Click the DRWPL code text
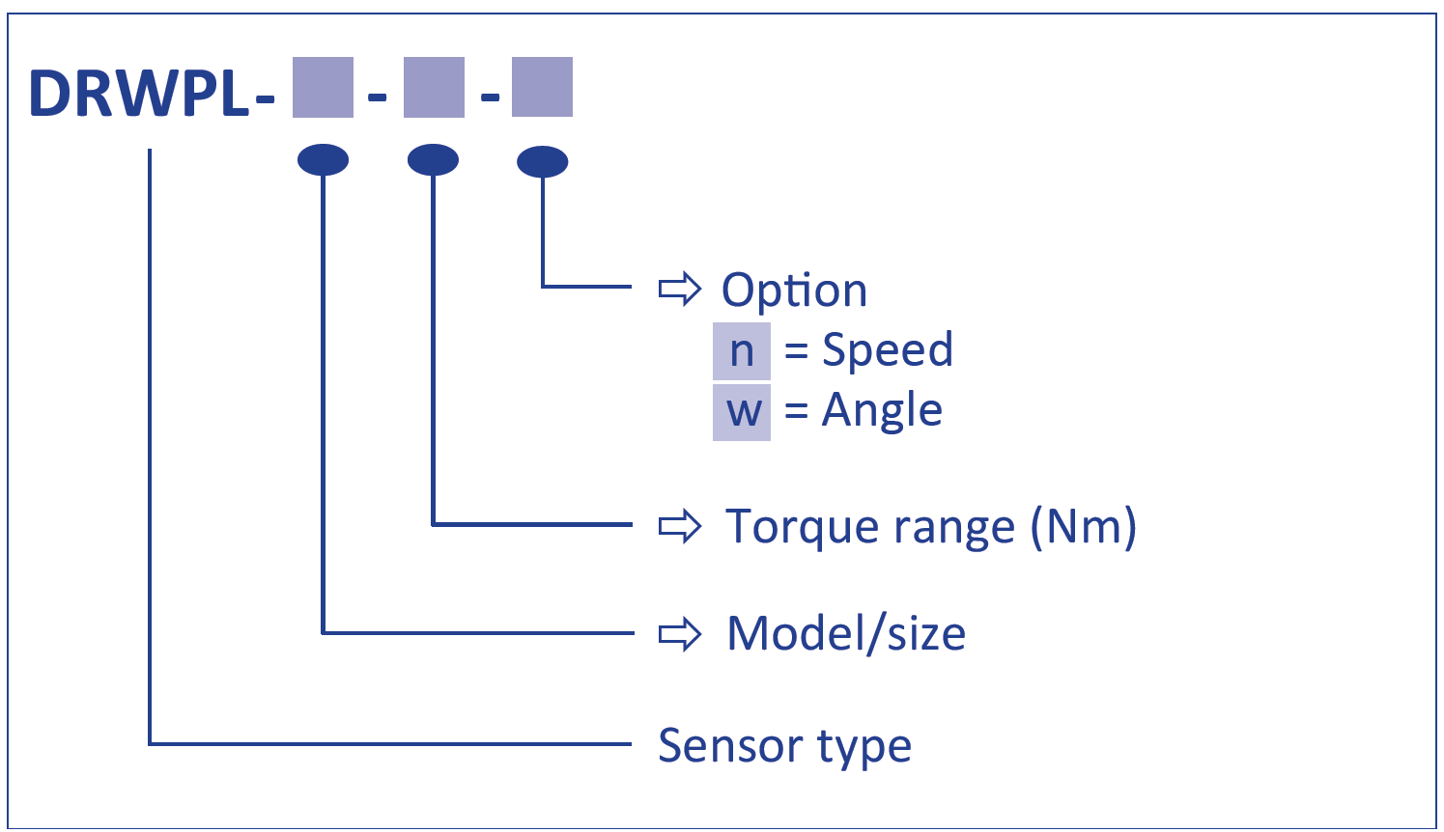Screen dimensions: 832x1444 (x=140, y=94)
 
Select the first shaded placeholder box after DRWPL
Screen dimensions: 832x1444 (x=323, y=88)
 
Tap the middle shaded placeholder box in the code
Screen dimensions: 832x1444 (x=434, y=88)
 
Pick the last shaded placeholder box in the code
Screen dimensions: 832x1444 (x=542, y=87)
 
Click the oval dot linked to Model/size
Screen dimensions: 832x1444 (x=323, y=159)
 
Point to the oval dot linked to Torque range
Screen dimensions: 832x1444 (x=433, y=159)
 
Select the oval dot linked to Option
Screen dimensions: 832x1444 (x=542, y=161)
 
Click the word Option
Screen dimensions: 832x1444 (x=794, y=291)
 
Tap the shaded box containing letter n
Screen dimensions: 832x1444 (x=741, y=351)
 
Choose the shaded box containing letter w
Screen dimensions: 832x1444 (x=741, y=412)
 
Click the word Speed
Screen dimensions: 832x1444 (x=887, y=350)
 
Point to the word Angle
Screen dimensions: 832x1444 (x=882, y=411)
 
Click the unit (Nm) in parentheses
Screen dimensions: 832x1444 (x=1083, y=527)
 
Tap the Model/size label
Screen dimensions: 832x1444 (x=846, y=634)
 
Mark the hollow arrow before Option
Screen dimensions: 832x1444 (x=679, y=289)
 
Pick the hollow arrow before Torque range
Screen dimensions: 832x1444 (x=679, y=526)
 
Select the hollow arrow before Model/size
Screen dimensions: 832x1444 (x=679, y=634)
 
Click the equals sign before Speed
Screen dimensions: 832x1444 (x=796, y=352)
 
